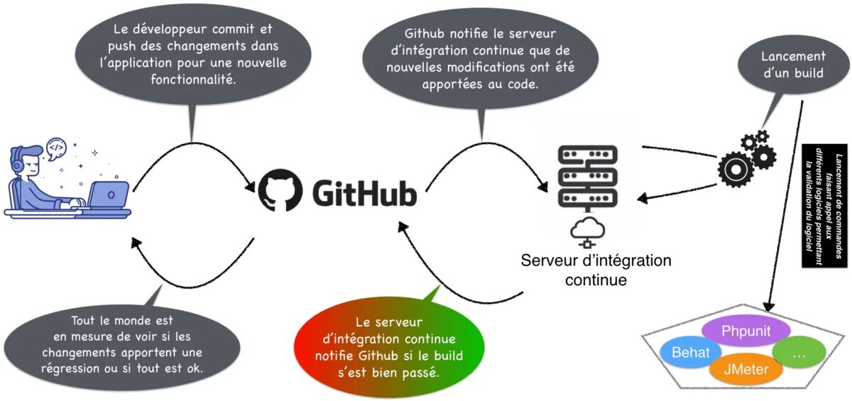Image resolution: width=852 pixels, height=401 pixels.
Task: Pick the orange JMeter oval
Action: point(745,369)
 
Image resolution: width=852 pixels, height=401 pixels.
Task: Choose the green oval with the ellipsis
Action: point(798,353)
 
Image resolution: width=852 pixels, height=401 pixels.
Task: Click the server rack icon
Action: point(588,177)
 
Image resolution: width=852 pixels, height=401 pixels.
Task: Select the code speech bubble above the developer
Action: point(57,148)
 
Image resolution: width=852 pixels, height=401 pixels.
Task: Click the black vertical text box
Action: point(824,207)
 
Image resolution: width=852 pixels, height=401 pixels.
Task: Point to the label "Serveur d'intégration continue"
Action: point(596,270)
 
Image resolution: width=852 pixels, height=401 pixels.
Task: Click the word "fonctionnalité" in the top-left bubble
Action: point(193,79)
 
